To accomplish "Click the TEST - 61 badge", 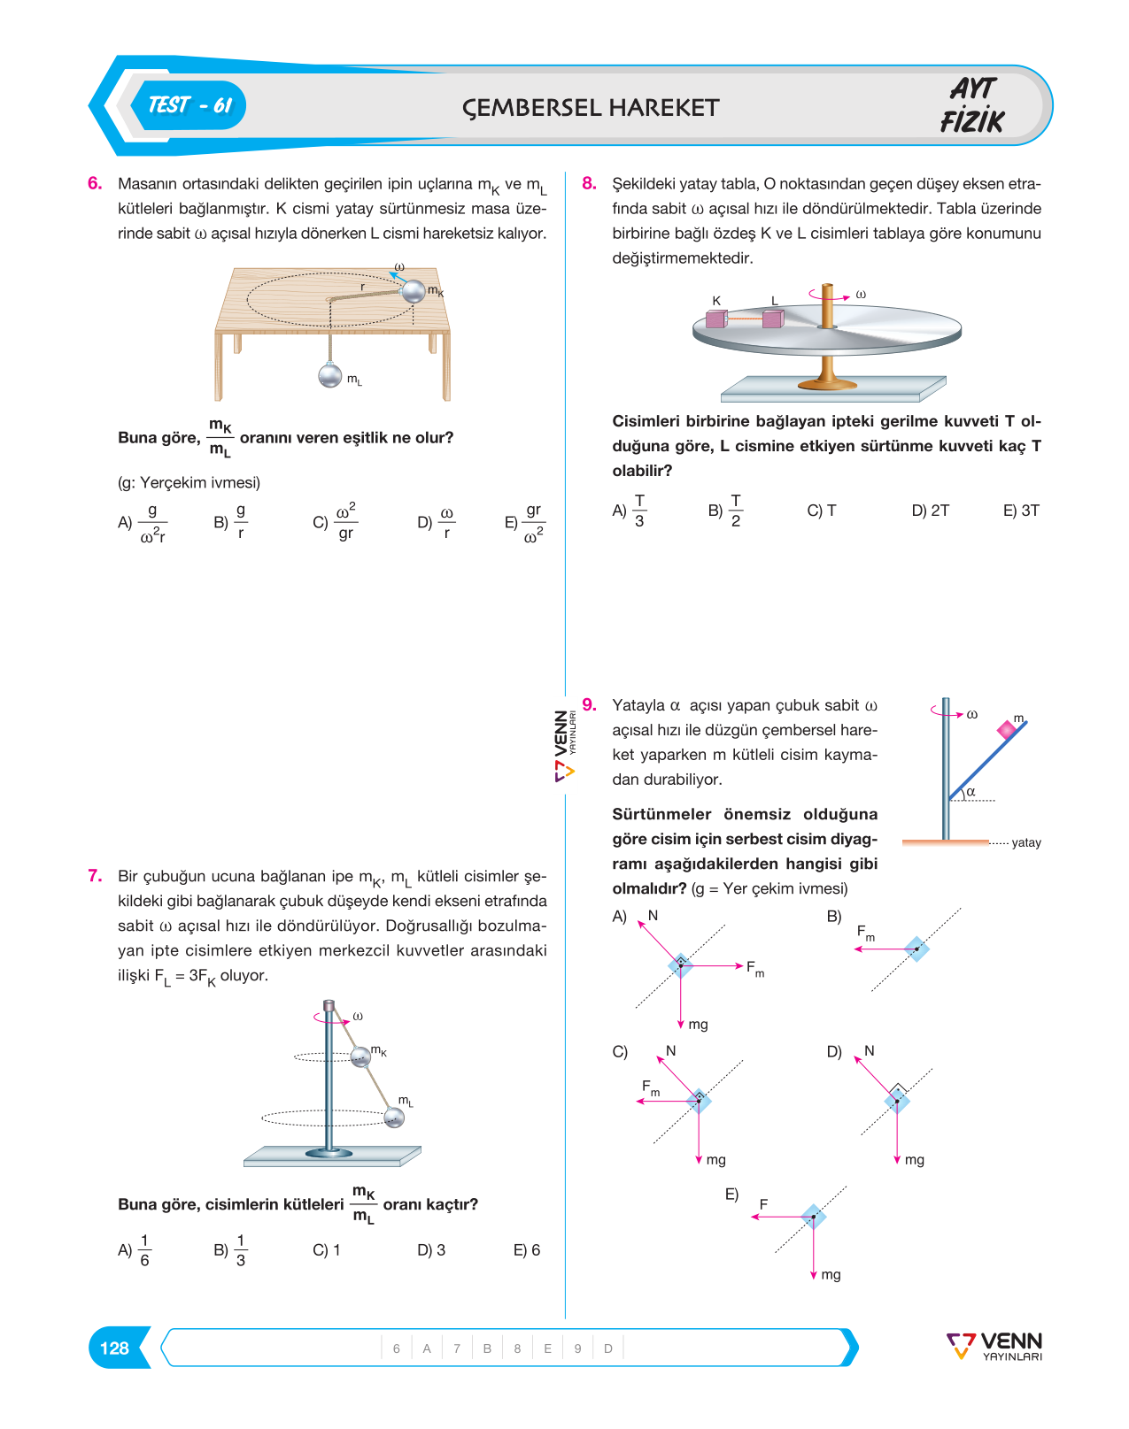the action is click(x=189, y=105).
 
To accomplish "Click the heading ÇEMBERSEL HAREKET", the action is click(x=590, y=108).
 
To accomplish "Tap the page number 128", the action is click(x=114, y=1348).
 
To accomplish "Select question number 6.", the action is click(x=95, y=183).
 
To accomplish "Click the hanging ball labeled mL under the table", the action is click(x=329, y=375).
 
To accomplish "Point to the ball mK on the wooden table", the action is click(x=414, y=291).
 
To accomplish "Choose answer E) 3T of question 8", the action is click(x=1021, y=511).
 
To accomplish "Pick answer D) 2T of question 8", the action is click(x=931, y=511).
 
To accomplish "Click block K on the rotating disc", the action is click(x=715, y=319).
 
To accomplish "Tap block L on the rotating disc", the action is click(x=773, y=319).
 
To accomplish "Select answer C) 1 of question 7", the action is click(x=326, y=1250).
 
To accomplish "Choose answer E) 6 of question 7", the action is click(x=526, y=1250).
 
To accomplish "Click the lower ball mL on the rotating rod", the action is click(x=394, y=1118).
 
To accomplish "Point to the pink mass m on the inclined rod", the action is click(x=1007, y=731).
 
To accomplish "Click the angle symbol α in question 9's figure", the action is click(x=970, y=792).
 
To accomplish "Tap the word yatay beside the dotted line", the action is click(x=1026, y=842).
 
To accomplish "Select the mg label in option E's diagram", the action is click(x=831, y=1275).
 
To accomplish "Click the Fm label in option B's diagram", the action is click(x=866, y=933).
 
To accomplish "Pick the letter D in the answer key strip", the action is click(x=608, y=1348).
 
